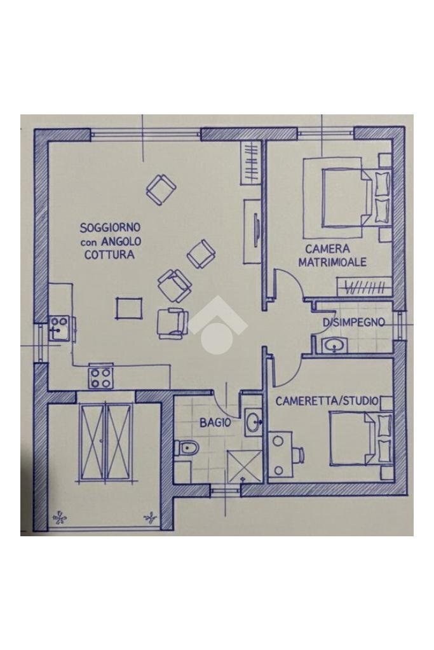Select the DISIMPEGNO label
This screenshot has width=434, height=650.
[x=353, y=323]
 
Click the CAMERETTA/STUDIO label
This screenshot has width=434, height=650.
[x=327, y=402]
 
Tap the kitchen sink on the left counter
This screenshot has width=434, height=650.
[x=59, y=328]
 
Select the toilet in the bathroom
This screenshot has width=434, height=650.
[x=186, y=449]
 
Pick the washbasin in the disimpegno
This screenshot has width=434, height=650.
[x=332, y=346]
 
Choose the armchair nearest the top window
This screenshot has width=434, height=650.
[x=161, y=189]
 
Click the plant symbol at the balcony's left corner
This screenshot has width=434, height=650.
[x=60, y=518]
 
